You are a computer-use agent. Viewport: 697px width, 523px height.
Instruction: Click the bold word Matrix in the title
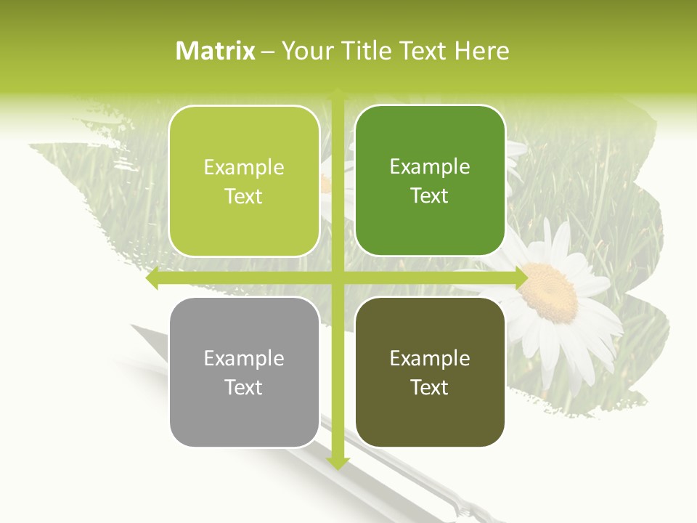tap(216, 51)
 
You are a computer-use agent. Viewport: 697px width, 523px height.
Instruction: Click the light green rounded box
tap(244, 181)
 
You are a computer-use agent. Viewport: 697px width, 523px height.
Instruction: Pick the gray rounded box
tap(244, 372)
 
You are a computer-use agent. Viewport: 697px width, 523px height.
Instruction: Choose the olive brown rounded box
tap(430, 372)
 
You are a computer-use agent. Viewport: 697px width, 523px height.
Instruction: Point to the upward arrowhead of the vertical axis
tap(338, 94)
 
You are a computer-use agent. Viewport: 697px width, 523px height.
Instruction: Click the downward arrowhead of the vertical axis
tap(338, 463)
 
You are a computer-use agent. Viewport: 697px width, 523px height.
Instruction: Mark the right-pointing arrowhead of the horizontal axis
tap(521, 278)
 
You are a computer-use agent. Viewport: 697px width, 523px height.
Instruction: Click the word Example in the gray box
tap(244, 358)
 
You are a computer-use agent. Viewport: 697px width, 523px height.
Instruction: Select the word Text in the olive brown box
tap(430, 387)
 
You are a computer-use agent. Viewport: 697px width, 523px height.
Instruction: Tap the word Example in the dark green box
tap(430, 167)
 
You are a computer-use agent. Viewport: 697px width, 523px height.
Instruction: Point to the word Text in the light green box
tap(244, 196)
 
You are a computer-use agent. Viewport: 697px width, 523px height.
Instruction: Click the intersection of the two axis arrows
tap(338, 278)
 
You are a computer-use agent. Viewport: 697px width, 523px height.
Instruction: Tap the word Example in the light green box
tap(244, 168)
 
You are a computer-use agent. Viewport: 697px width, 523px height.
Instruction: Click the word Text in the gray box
tap(244, 387)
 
